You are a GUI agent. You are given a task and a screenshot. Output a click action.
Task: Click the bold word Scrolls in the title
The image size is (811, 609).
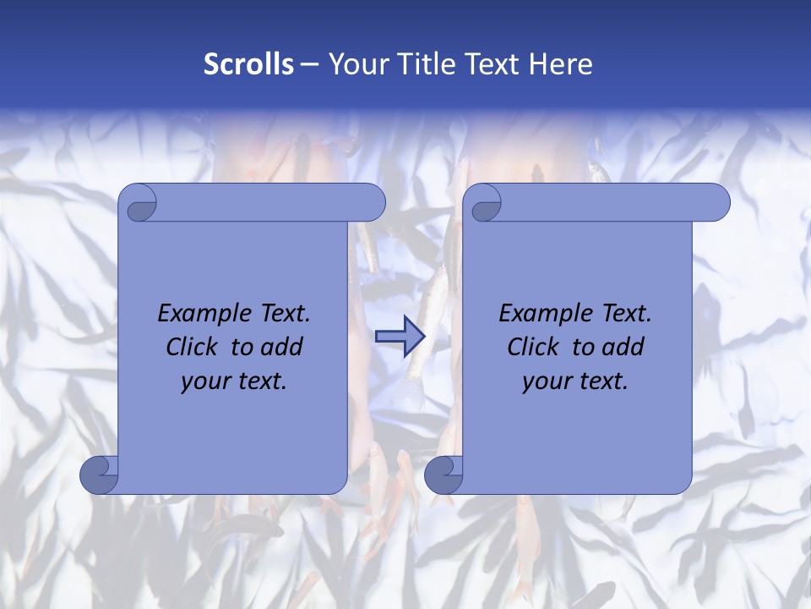[x=248, y=64]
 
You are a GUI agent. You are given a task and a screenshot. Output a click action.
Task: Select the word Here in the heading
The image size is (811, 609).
[x=561, y=64]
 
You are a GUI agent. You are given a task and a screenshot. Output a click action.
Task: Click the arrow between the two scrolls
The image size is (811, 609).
[x=400, y=337]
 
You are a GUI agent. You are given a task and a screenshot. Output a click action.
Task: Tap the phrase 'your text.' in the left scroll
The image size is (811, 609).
[x=234, y=381]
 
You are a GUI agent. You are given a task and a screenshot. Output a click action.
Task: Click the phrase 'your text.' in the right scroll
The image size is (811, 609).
[x=575, y=381]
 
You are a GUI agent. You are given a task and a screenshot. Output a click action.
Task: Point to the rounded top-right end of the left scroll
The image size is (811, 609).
[x=375, y=202]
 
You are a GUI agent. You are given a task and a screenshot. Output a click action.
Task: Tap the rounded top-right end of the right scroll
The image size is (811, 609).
[x=720, y=202]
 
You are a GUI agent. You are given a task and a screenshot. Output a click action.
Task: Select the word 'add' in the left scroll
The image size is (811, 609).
[x=284, y=347]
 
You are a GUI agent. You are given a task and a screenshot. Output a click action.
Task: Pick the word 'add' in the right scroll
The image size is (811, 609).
[x=625, y=347]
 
